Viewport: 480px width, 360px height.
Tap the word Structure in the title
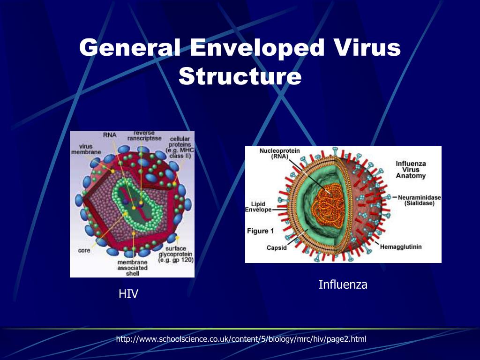pyautogui.click(x=240, y=76)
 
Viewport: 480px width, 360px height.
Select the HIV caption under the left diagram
pyautogui.click(x=128, y=294)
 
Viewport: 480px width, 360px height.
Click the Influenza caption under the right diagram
pyautogui.click(x=343, y=284)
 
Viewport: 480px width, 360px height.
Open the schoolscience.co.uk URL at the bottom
pyautogui.click(x=241, y=338)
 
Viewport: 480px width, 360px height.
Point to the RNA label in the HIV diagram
pyautogui.click(x=110, y=135)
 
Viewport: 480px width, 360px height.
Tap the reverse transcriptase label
pyautogui.click(x=144, y=135)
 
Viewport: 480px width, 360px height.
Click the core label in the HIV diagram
pyautogui.click(x=84, y=250)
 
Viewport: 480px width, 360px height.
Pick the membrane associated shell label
pyautogui.click(x=132, y=268)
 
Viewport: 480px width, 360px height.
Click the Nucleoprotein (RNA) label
pyautogui.click(x=280, y=153)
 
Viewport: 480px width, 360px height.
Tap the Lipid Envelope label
pyautogui.click(x=258, y=207)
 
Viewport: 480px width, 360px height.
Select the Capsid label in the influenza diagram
pyautogui.click(x=277, y=247)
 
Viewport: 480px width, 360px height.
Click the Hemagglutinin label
pyautogui.click(x=401, y=247)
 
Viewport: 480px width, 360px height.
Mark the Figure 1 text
pyautogui.click(x=258, y=231)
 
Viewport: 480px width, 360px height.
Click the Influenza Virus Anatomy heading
pyautogui.click(x=411, y=170)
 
